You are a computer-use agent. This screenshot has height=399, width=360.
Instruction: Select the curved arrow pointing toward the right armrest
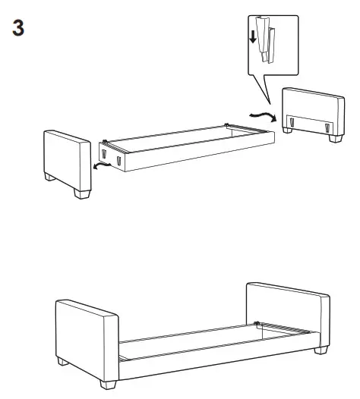coord(263,115)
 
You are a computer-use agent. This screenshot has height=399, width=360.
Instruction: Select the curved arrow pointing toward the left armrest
coord(99,164)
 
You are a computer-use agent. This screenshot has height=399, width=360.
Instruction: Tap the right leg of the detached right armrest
coord(335,139)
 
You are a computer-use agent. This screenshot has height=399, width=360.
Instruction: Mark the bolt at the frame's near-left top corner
coord(105,141)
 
